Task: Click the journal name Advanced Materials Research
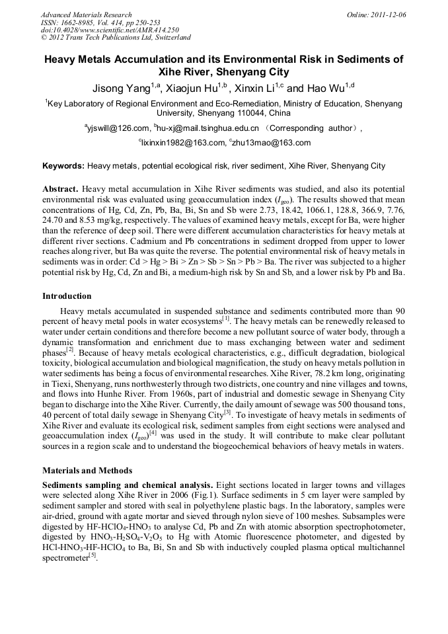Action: (86, 15)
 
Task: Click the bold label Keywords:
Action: (63, 166)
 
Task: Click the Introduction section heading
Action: (67, 296)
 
